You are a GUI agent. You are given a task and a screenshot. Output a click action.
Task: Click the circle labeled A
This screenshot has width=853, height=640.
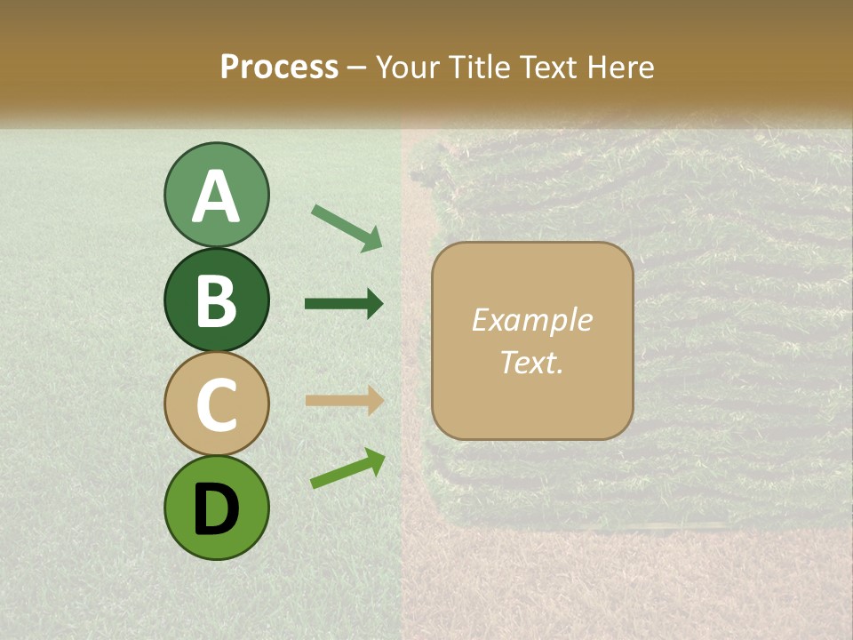[216, 195]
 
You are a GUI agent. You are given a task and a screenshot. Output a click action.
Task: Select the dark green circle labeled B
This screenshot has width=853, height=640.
[216, 300]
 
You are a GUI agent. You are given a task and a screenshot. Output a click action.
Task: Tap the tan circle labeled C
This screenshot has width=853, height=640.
[216, 404]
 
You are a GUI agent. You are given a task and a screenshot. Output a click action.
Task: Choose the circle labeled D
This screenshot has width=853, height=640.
[216, 508]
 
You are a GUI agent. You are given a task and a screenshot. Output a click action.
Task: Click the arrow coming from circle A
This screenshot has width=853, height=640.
[347, 228]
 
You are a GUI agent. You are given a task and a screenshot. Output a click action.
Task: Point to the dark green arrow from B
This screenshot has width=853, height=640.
[344, 304]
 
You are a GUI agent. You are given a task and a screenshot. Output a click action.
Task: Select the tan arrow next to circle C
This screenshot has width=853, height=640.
[344, 400]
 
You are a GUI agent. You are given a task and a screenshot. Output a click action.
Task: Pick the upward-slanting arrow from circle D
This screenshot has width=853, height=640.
[347, 468]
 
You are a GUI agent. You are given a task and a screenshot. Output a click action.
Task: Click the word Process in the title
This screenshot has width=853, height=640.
[279, 67]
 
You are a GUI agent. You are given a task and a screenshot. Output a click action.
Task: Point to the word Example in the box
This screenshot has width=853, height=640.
[531, 320]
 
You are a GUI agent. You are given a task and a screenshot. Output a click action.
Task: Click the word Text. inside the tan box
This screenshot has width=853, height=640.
[531, 362]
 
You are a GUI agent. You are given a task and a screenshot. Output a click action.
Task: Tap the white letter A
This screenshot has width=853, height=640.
[216, 196]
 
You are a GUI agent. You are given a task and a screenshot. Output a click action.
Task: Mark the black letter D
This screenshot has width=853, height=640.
[216, 508]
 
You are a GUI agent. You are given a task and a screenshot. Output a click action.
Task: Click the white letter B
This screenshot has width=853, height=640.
[216, 300]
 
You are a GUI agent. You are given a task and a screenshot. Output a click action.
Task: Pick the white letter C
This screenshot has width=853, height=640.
[216, 404]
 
